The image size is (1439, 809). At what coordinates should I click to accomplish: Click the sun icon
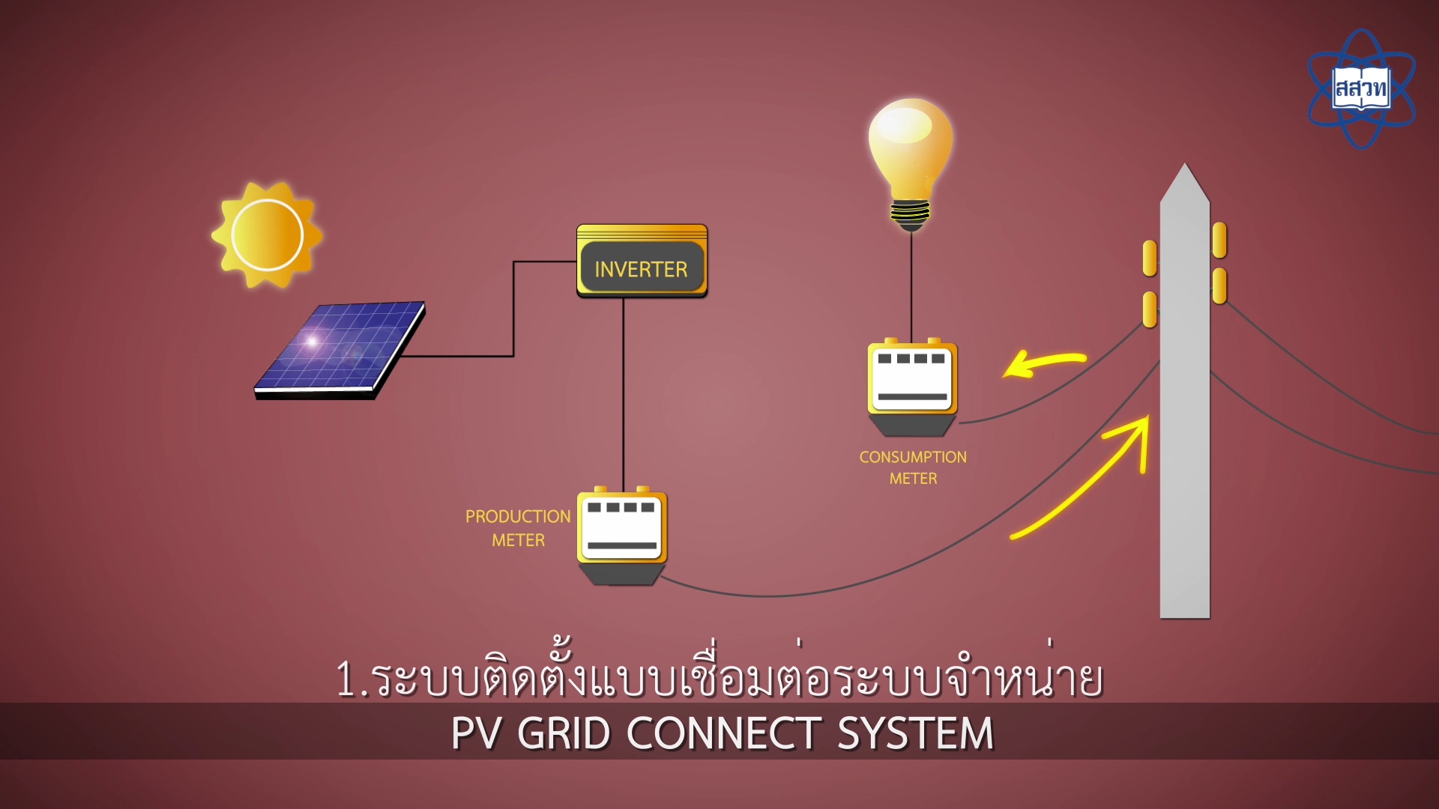tap(267, 234)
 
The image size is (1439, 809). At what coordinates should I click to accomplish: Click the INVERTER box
tap(642, 261)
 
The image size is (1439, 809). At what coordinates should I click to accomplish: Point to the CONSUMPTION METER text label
tap(913, 467)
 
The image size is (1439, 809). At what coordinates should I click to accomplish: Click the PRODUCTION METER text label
tap(518, 528)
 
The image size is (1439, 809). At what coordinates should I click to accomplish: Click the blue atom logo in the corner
tap(1361, 89)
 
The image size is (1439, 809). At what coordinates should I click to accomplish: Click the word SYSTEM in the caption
tap(915, 733)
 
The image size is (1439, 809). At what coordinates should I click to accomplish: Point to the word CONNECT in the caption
tap(724, 733)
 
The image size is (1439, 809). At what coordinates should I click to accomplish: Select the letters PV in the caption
tap(475, 733)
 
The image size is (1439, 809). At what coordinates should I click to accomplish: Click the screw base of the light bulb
tap(911, 213)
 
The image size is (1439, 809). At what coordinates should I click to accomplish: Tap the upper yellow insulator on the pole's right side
tap(1219, 240)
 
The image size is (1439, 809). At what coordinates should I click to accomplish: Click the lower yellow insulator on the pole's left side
tap(1150, 309)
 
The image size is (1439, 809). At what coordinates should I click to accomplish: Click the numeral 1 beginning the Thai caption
tap(346, 679)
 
